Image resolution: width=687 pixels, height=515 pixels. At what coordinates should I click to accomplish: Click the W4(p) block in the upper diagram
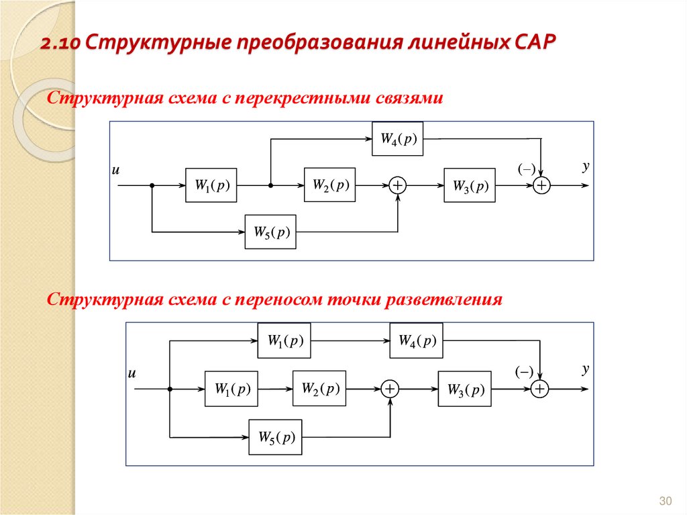coord(398,139)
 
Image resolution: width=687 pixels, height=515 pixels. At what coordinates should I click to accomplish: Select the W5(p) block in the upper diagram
coord(270,232)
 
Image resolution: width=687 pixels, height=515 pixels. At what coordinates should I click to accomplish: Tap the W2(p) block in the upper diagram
coord(329,185)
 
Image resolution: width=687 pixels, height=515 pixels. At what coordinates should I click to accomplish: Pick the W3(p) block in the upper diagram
coord(470,185)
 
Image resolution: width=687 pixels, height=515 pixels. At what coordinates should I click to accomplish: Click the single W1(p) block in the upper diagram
coord(211,185)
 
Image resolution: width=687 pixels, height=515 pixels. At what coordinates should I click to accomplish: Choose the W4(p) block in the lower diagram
coord(417,341)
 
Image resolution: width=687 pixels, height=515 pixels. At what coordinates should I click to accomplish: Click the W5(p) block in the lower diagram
coord(275,436)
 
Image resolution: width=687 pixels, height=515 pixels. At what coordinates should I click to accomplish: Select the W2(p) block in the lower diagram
coord(319,388)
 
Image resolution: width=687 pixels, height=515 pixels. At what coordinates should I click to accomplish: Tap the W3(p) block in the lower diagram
coord(464,388)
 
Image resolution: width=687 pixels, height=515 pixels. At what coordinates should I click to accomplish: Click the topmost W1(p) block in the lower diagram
coord(284,341)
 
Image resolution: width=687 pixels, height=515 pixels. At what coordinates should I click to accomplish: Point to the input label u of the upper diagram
coord(115,171)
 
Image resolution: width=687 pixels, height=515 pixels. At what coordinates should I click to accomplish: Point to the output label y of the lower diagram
coord(586,369)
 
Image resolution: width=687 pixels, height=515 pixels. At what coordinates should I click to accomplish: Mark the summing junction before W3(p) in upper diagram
coord(399,186)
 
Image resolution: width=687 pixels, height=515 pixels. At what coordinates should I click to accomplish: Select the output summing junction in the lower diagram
coord(540,389)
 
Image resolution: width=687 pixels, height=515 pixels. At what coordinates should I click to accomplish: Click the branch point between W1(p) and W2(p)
coord(270,186)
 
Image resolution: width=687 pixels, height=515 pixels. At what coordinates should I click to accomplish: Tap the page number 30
coord(666,501)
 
